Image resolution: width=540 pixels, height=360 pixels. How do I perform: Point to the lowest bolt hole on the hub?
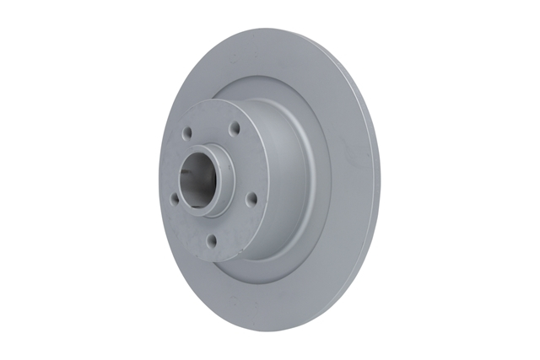pos(212,241)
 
